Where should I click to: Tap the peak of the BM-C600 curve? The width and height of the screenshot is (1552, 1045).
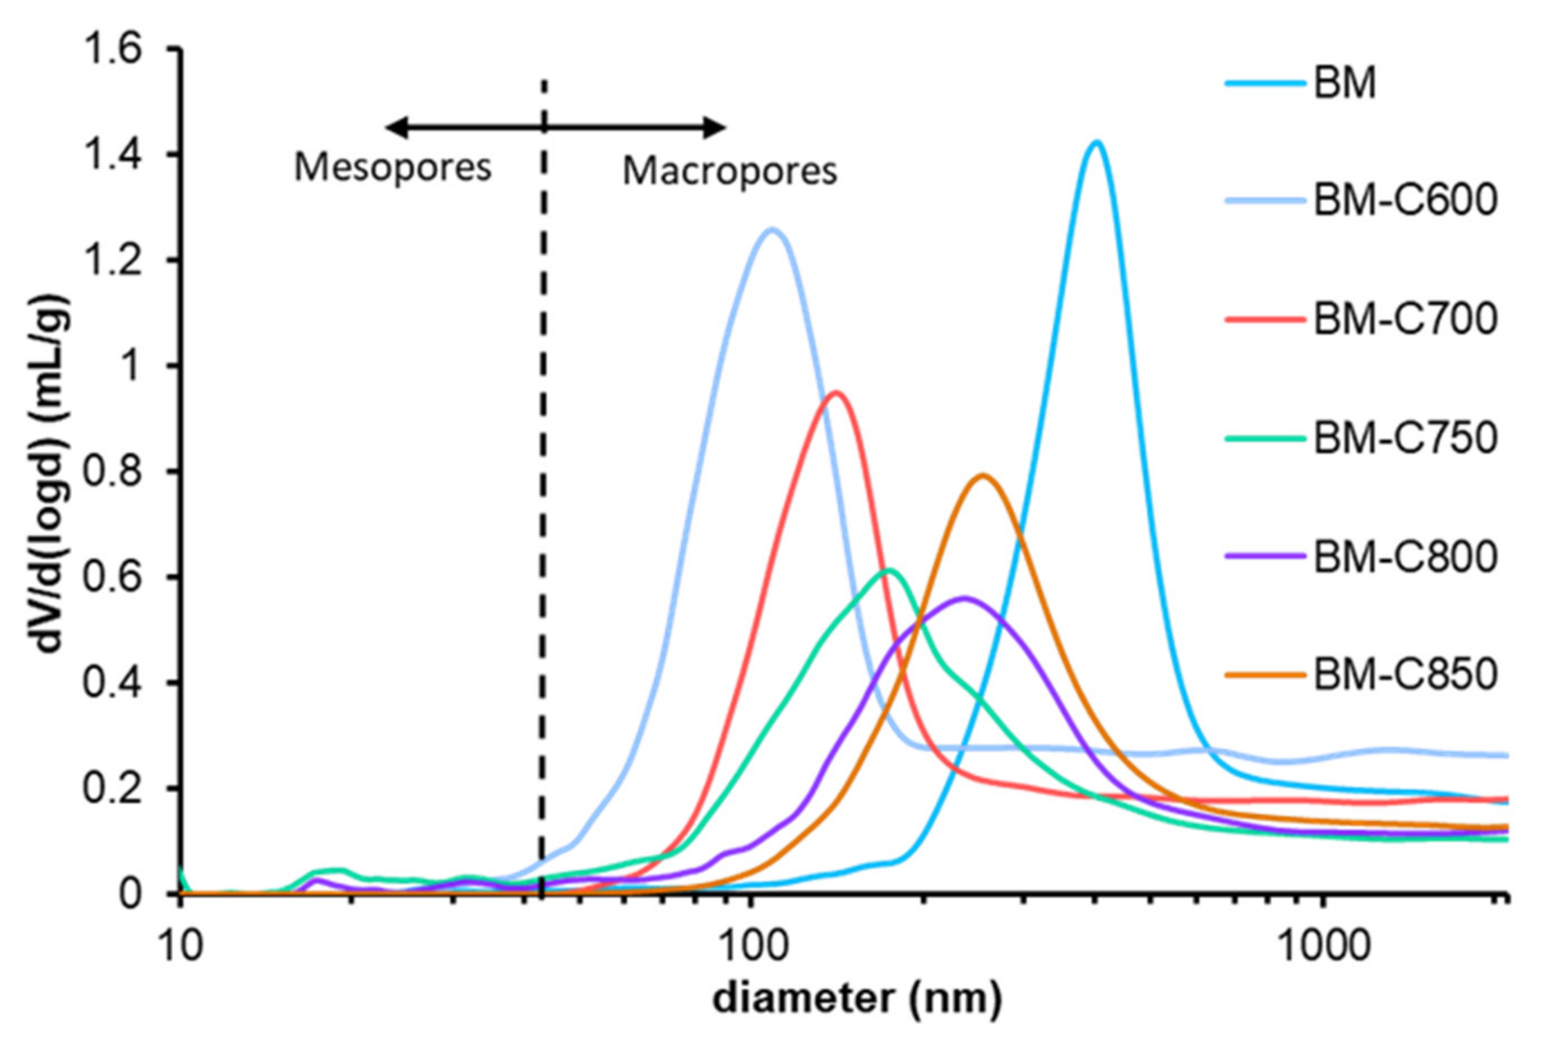click(x=772, y=230)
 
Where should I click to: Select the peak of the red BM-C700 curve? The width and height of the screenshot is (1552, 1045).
click(x=835, y=392)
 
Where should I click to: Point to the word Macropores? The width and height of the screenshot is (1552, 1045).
click(x=729, y=172)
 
